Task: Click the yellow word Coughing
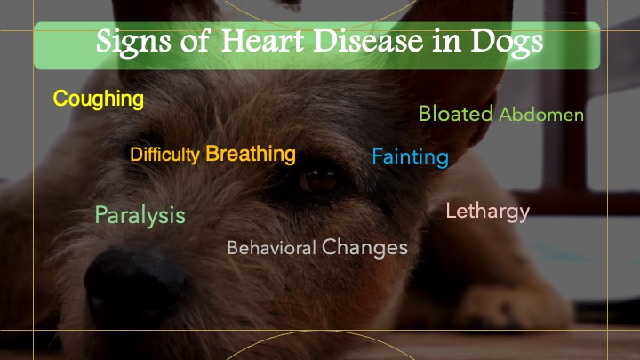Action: click(99, 100)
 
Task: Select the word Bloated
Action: click(456, 114)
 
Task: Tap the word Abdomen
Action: click(541, 115)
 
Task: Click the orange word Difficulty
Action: click(164, 155)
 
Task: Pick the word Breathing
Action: click(251, 154)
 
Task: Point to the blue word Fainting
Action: click(410, 157)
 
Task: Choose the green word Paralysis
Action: click(140, 215)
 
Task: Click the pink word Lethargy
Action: click(488, 212)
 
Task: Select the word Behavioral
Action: click(271, 248)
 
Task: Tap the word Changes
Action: click(364, 247)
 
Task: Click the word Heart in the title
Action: click(262, 41)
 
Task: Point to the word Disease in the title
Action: click(368, 41)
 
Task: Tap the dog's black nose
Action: click(133, 279)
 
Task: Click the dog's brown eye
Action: click(319, 180)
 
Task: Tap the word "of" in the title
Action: click(196, 41)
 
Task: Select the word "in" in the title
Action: click(446, 41)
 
